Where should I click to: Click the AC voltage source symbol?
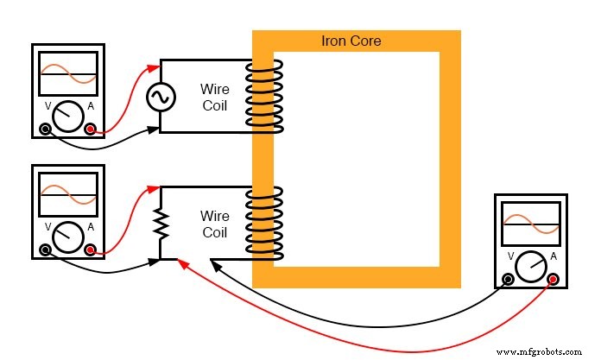[160, 98]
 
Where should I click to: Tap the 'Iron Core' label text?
[351, 41]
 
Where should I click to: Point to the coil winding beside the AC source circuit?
[263, 95]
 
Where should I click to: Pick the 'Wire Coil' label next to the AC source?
[215, 96]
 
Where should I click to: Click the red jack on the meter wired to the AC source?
[91, 130]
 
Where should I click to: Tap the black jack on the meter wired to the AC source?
[46, 130]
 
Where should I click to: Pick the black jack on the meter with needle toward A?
[508, 279]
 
